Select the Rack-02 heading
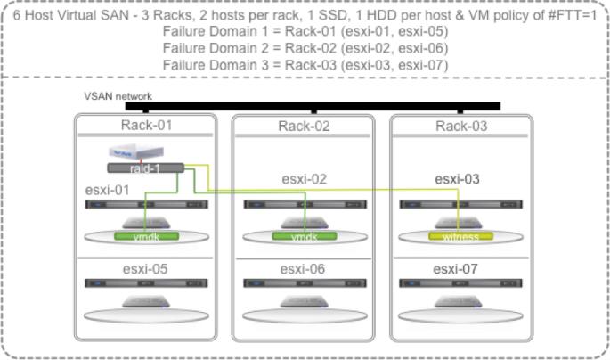(305, 126)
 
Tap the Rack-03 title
(461, 126)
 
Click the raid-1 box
(145, 168)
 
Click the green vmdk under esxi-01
(147, 237)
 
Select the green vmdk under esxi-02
(305, 237)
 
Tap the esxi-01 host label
(108, 189)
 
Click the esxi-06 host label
(305, 269)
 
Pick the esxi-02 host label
(305, 179)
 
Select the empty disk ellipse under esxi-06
(305, 315)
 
